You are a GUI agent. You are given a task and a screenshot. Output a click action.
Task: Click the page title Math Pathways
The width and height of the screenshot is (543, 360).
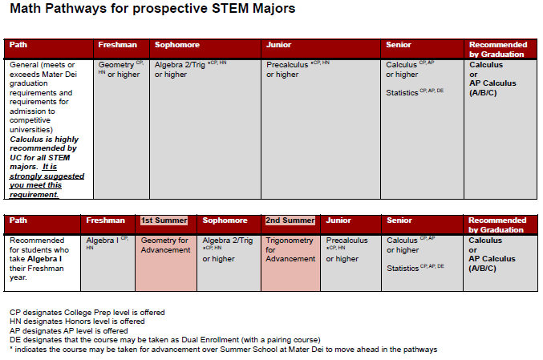(x=152, y=10)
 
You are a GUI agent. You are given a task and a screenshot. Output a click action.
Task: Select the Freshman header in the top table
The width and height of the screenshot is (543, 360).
(x=117, y=45)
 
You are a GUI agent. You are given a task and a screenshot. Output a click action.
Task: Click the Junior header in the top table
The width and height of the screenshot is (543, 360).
(x=279, y=45)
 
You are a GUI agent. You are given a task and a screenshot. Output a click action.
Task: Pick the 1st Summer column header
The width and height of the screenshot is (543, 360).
(x=164, y=220)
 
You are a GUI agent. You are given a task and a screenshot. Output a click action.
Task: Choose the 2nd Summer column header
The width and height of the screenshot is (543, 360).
(x=290, y=220)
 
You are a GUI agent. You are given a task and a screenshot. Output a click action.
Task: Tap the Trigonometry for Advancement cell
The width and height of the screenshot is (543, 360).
(x=290, y=249)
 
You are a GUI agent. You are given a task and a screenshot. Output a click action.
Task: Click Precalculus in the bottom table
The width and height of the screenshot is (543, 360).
(x=347, y=241)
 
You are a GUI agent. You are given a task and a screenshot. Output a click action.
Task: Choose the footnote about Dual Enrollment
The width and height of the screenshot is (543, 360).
(x=164, y=338)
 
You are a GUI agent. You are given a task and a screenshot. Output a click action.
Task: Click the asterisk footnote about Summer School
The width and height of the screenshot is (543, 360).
(x=223, y=349)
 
